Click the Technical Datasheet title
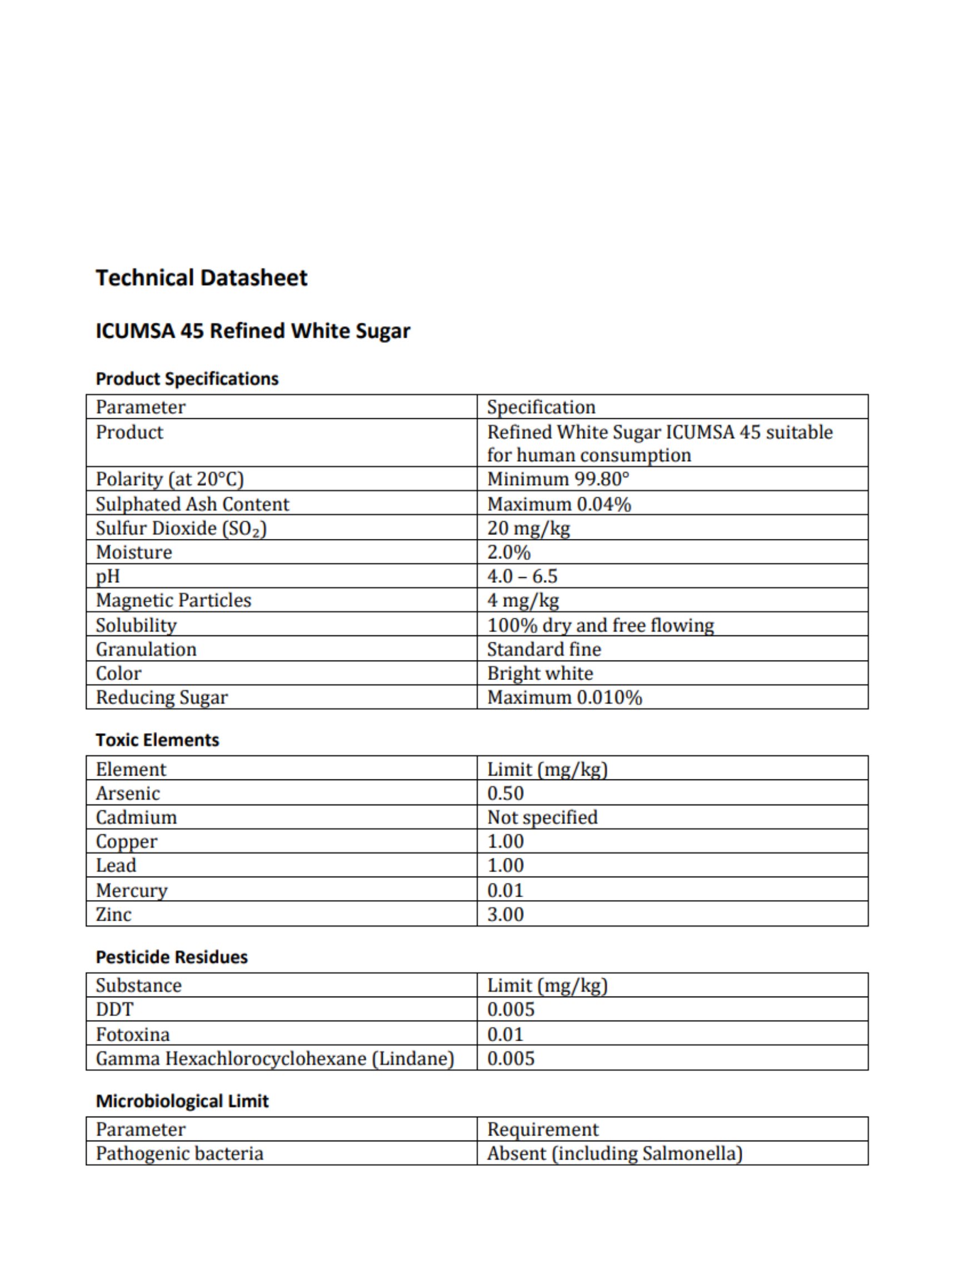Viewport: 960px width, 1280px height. [201, 278]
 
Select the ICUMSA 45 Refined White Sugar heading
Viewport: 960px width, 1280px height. [252, 331]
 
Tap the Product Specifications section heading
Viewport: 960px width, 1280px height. [187, 378]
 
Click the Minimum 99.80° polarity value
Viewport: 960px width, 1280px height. [558, 479]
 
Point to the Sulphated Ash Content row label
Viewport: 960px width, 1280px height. [192, 504]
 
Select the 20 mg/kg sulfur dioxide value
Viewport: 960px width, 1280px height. [528, 528]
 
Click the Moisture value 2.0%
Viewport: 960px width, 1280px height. [509, 552]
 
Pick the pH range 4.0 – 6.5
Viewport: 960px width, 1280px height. [522, 576]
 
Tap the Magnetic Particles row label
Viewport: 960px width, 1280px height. [173, 600]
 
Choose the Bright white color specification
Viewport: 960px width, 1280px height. [540, 673]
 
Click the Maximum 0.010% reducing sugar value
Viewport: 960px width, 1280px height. [564, 697]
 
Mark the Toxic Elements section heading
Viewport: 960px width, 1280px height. [157, 740]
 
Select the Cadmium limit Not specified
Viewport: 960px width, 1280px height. [542, 817]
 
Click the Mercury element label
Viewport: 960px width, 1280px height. [131, 890]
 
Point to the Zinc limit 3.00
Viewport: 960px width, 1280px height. [505, 914]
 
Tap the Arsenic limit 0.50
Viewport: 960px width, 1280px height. [505, 793]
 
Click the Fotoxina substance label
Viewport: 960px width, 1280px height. [133, 1034]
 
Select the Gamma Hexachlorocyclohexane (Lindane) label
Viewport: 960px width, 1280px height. [275, 1058]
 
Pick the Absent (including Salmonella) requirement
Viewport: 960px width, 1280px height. [614, 1153]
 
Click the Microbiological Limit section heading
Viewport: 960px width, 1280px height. [182, 1101]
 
